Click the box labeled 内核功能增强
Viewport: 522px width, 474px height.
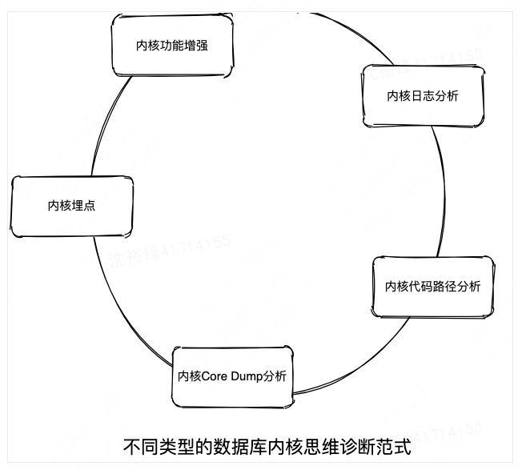click(172, 46)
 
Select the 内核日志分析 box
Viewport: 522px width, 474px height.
click(424, 96)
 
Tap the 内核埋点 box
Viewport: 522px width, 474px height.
click(72, 206)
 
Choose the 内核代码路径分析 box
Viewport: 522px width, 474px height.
click(433, 287)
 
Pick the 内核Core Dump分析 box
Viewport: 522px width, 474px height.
click(232, 376)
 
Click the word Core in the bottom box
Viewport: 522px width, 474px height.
click(213, 376)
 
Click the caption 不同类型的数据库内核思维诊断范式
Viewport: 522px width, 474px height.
click(267, 446)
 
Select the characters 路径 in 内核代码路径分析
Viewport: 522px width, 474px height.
click(445, 287)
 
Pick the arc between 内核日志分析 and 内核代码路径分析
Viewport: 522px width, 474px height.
click(443, 192)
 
